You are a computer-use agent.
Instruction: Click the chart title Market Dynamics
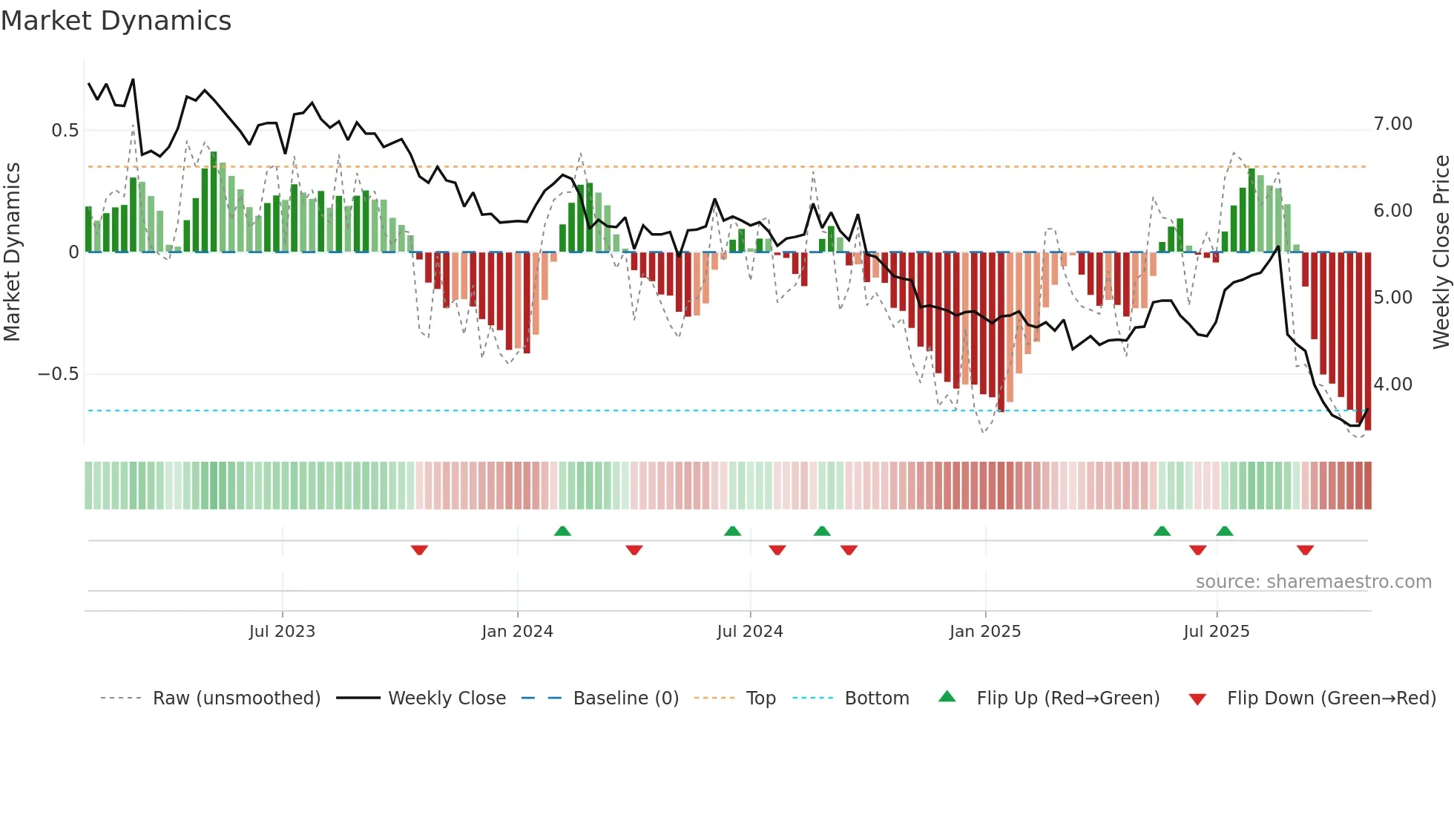[116, 21]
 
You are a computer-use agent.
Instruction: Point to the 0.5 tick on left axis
[65, 131]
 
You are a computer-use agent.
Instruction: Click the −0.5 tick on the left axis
[58, 374]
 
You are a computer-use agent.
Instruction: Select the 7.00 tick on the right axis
[1392, 124]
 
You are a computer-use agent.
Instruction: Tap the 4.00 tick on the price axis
[1392, 385]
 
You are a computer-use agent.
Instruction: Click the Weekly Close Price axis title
[1441, 252]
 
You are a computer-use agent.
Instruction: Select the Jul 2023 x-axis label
[282, 632]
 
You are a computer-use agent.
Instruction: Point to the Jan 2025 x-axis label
[984, 632]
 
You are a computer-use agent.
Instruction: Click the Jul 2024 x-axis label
[749, 632]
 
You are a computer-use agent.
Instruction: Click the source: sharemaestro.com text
[1313, 582]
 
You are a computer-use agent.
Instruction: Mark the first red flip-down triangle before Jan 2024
[419, 550]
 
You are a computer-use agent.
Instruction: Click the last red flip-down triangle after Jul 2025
[1305, 550]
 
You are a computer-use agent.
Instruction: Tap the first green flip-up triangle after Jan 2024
[562, 531]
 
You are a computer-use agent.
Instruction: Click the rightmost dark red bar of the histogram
[1367, 341]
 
